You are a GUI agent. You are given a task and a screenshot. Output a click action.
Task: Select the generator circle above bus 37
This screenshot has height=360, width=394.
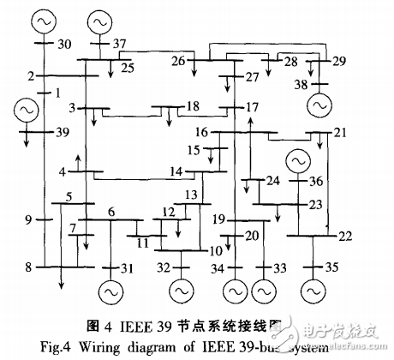[99, 17]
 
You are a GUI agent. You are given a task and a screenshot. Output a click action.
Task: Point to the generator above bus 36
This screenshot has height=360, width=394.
[299, 160]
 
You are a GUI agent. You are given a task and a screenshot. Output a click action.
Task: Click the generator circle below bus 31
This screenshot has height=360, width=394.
[110, 291]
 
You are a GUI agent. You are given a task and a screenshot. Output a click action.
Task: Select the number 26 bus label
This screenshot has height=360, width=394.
[178, 60]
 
